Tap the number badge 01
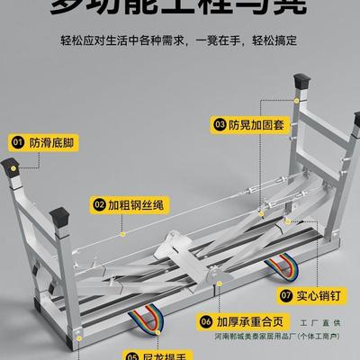point(17,141)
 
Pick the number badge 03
point(219,123)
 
